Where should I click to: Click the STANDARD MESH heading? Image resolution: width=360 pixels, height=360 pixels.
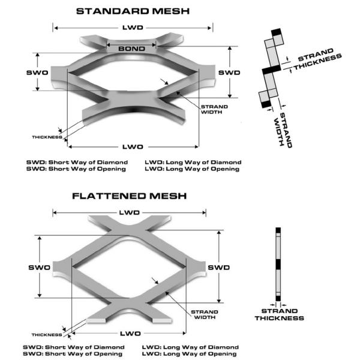click(133, 11)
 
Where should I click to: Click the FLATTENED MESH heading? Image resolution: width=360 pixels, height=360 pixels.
click(129, 196)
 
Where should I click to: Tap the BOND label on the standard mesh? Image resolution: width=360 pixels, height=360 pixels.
click(131, 49)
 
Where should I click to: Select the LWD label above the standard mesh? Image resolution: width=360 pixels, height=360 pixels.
click(133, 28)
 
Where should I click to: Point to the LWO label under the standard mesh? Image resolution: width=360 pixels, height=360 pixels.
click(133, 147)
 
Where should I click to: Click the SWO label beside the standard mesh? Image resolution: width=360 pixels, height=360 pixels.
click(37, 73)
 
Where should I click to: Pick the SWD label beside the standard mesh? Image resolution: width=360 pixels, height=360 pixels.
click(229, 73)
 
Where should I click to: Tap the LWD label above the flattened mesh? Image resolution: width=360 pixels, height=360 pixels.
click(129, 212)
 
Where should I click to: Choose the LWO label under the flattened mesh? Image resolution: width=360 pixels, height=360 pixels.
click(130, 334)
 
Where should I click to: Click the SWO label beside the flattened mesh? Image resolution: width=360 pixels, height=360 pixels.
click(39, 268)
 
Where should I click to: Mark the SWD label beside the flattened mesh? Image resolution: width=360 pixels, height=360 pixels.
click(218, 268)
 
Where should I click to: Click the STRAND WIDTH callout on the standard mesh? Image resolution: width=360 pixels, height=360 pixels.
click(214, 110)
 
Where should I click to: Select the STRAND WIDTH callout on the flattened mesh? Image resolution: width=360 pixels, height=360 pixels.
click(205, 314)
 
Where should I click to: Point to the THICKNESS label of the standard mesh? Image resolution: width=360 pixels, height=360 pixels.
click(47, 137)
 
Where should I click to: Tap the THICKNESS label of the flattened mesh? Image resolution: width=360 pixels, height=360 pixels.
click(47, 335)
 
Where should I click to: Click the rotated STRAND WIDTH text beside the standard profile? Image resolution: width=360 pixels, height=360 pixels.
click(283, 130)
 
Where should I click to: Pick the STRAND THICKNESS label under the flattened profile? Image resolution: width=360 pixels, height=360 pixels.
click(280, 314)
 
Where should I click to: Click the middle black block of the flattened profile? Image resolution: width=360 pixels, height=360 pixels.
click(278, 264)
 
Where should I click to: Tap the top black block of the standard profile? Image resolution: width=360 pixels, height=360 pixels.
click(276, 32)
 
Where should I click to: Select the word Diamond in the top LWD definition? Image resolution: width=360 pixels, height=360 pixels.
click(226, 163)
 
